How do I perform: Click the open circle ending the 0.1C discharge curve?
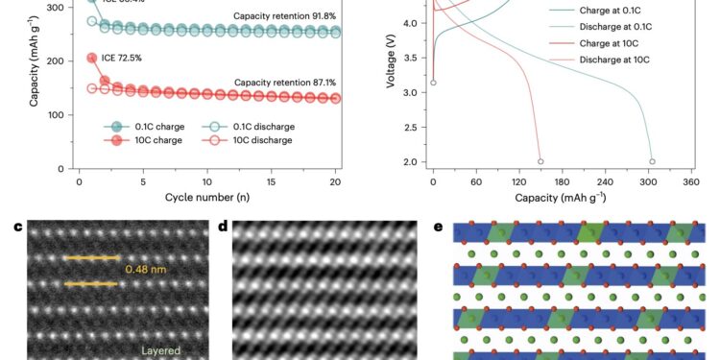[x=652, y=161]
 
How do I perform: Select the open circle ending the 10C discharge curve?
[x=540, y=161]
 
